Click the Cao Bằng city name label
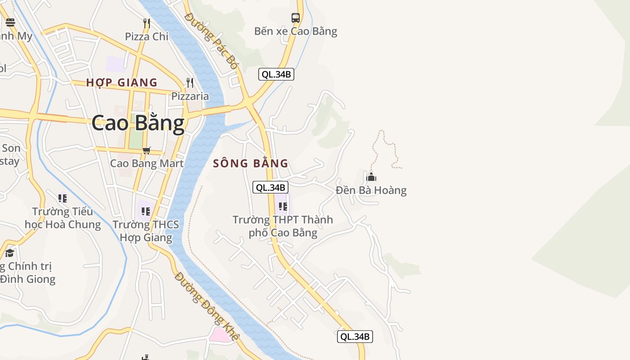[138, 123]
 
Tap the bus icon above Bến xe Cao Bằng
[295, 18]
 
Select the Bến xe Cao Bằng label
[295, 31]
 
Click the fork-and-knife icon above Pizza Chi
[146, 23]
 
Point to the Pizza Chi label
[146, 36]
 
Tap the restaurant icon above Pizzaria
[190, 83]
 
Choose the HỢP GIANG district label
[121, 82]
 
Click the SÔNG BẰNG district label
[250, 163]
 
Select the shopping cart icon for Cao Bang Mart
[146, 150]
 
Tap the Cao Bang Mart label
[147, 163]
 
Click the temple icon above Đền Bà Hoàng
[371, 176]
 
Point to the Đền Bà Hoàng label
[371, 190]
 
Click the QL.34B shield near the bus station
[276, 74]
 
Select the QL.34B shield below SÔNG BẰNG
[270, 188]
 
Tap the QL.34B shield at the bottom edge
[355, 336]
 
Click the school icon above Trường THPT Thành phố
[283, 207]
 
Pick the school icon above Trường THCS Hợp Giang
[145, 211]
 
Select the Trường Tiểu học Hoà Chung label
[63, 218]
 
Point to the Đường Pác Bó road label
[211, 40]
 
